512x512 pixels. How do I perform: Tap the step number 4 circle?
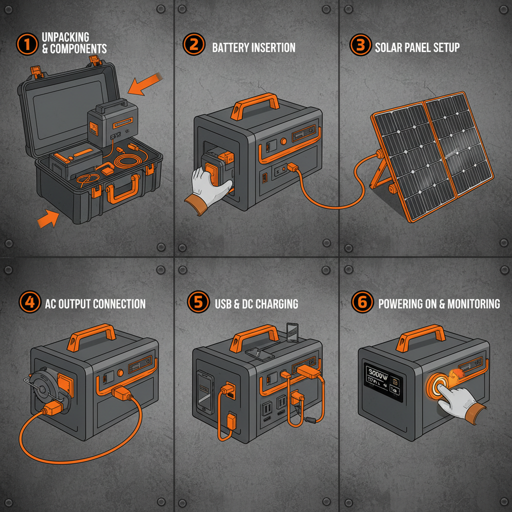point(28,303)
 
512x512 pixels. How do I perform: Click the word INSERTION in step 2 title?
point(270,48)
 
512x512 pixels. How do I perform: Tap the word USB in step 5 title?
point(223,303)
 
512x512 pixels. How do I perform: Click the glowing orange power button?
point(439,387)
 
